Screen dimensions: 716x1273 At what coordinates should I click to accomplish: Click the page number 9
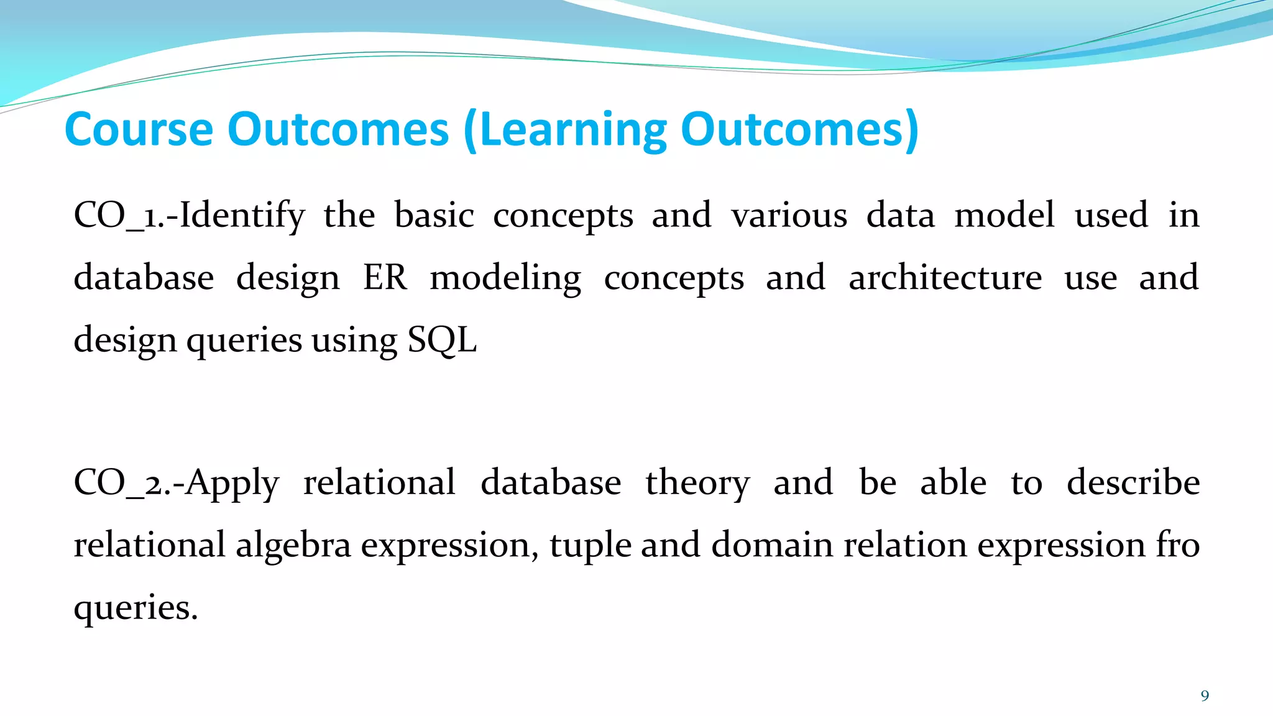(x=1205, y=695)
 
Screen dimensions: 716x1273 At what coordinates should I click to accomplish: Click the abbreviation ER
(x=385, y=278)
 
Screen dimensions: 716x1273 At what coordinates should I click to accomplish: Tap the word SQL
(x=442, y=340)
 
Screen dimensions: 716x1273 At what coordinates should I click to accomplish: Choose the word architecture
(x=945, y=278)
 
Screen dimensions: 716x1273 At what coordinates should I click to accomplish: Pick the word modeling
(x=505, y=278)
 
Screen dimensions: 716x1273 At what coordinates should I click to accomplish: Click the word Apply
(x=232, y=483)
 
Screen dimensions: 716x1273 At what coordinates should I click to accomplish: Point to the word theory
(x=697, y=483)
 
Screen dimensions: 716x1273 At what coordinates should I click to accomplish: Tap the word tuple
(x=590, y=545)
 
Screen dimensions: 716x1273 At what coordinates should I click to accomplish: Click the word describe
(x=1133, y=483)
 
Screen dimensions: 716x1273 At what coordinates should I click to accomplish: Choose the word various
(x=789, y=216)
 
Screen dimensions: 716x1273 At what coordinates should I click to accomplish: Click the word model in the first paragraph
(x=1004, y=216)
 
